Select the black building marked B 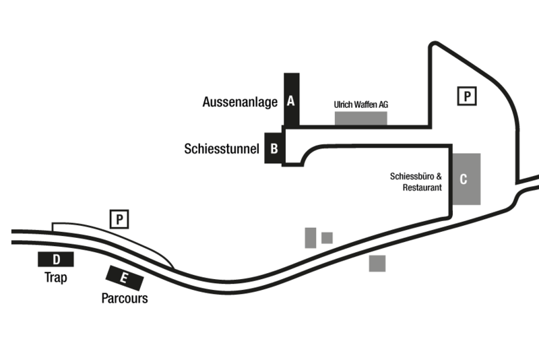coord(274,148)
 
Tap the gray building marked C coord(466,179)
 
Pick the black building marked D coord(57,260)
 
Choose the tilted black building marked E coord(124,276)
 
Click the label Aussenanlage coord(241,102)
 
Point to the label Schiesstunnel coord(222,149)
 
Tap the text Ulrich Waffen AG coord(361,104)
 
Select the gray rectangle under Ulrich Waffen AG coord(361,118)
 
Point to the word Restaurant coord(422,188)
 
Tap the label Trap coord(56,277)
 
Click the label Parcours coord(125,297)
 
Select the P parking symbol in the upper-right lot coord(466,96)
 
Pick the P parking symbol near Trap coord(119,219)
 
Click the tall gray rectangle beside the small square coord(311,238)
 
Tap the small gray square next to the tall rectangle coord(327,237)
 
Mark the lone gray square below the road coord(377,263)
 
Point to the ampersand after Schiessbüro coord(438,177)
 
